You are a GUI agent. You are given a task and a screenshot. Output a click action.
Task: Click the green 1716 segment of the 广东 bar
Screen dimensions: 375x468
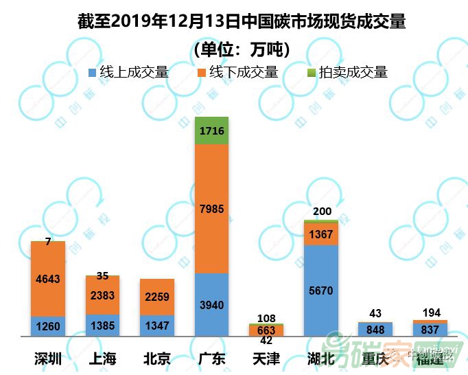[212, 130]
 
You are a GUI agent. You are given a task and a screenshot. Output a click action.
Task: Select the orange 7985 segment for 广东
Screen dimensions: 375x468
[212, 209]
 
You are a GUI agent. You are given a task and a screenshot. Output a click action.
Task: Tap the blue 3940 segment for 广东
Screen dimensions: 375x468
[212, 305]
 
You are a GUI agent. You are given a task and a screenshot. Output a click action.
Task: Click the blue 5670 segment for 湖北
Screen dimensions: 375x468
[321, 291]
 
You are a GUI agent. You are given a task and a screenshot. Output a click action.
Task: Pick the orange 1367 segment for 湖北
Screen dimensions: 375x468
[321, 234]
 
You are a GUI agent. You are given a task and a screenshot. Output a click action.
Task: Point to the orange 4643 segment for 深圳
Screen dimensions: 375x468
[48, 279]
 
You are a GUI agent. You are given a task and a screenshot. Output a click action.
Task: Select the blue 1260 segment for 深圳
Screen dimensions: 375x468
[48, 326]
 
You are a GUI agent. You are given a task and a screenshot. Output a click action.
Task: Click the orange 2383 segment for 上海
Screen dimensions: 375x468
[103, 295]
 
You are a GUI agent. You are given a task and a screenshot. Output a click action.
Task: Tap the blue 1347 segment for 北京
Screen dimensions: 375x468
[157, 326]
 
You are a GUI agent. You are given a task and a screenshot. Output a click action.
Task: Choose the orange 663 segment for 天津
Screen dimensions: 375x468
[266, 330]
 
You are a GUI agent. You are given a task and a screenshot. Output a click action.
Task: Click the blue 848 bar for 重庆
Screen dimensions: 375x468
[375, 330]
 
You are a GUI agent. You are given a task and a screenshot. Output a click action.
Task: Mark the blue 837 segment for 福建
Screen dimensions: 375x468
[430, 330]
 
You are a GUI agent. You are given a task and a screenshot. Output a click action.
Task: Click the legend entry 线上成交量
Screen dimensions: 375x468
[129, 72]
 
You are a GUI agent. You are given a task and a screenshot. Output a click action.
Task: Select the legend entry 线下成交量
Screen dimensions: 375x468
[237, 72]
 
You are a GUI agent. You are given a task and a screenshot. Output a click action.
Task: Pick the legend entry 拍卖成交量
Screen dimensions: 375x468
[347, 72]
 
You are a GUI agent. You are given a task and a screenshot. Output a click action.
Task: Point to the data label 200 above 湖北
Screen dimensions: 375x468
[321, 213]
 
